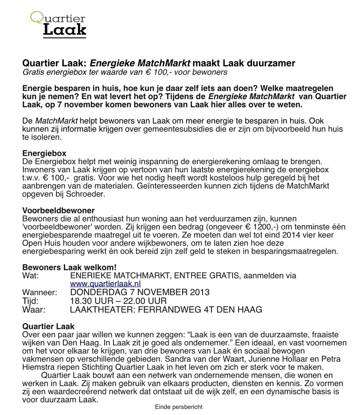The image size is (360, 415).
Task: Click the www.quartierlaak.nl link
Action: click(105, 284)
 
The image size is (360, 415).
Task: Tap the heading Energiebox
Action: click(45, 154)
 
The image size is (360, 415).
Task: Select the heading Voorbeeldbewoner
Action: click(58, 211)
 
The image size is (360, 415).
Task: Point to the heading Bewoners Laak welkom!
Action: click(69, 267)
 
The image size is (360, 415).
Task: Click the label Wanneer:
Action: click(40, 292)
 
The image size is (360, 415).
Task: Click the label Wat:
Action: click(30, 276)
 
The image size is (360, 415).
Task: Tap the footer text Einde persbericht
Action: click(179, 407)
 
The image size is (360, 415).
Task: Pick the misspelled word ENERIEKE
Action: click(91, 276)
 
